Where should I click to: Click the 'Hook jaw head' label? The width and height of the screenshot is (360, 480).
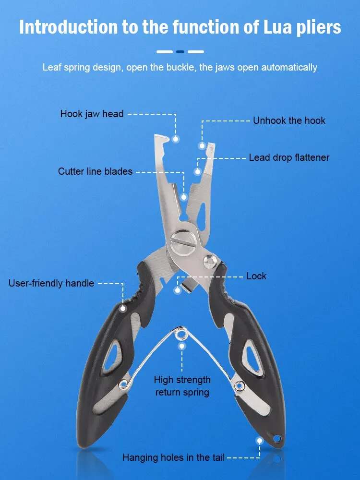[92, 114]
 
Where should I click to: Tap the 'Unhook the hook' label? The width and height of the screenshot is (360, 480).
[289, 120]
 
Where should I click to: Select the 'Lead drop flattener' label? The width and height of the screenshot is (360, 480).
[289, 157]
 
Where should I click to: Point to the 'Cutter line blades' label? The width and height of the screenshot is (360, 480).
[95, 171]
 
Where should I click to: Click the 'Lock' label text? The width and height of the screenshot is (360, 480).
[256, 276]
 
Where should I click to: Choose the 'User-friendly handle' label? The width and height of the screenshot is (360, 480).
[51, 283]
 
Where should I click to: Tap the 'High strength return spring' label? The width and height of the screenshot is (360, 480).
[182, 386]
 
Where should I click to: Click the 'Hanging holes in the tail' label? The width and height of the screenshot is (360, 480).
[174, 457]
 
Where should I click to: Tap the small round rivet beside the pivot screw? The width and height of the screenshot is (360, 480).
[210, 262]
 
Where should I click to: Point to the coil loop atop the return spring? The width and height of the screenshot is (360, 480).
[181, 334]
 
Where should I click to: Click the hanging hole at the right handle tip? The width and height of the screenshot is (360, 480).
[277, 438]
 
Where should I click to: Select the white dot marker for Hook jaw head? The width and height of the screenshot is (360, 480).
[175, 139]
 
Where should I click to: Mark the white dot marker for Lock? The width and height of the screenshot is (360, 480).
[178, 290]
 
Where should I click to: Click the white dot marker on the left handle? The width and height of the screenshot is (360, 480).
[123, 308]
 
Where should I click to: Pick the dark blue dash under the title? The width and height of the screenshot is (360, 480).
[180, 52]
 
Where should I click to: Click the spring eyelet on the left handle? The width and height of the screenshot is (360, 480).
[123, 384]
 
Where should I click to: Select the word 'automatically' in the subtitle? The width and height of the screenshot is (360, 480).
[289, 67]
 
